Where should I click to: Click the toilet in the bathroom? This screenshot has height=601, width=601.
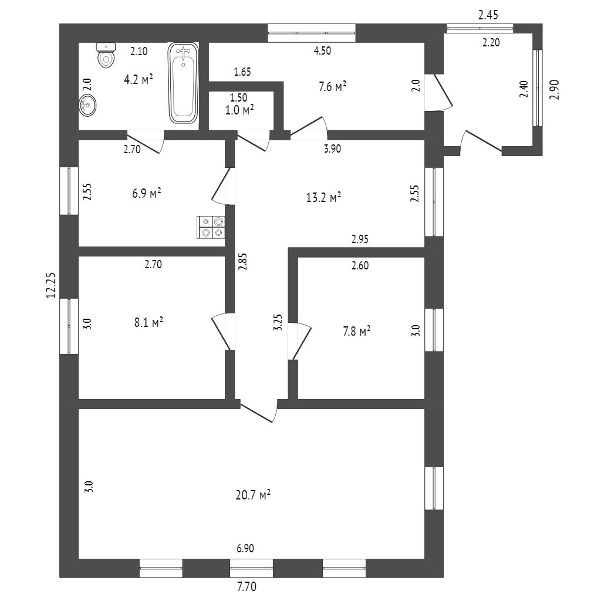point(106,56)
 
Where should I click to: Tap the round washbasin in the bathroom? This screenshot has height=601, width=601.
point(87,105)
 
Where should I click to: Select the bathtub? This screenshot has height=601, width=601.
point(184,83)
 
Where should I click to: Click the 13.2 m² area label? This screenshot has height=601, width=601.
point(323,198)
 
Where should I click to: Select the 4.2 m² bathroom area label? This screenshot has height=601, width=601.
point(138,79)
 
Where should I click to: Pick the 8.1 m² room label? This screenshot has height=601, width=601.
point(148,322)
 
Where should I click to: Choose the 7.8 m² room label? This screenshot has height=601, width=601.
point(356,332)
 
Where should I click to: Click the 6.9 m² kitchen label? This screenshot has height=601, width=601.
point(147,193)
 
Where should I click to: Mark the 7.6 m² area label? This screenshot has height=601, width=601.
point(332,87)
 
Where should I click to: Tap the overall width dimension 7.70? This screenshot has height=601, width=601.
point(247,586)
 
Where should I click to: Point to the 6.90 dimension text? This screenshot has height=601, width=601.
point(247,549)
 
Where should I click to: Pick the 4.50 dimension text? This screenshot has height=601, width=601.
point(322,51)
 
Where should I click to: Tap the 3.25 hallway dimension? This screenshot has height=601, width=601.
point(278,323)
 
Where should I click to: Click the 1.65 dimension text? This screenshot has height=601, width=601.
point(242,73)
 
